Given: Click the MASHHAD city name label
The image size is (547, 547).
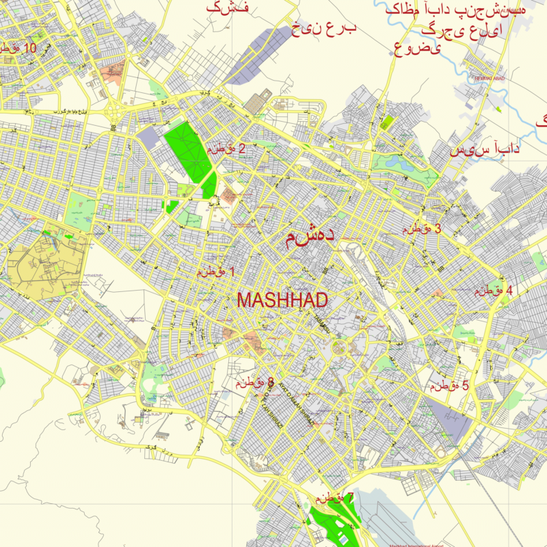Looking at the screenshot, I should tap(282, 299).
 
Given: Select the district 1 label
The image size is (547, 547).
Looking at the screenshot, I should tap(216, 271).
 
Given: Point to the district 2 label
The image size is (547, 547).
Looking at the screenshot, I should tap(226, 148).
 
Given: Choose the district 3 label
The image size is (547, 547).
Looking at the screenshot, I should tap(421, 229).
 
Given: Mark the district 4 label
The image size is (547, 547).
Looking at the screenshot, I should tap(494, 290).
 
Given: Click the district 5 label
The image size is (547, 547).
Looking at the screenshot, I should tap(449, 386).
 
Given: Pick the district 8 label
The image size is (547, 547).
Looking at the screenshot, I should tap(255, 383).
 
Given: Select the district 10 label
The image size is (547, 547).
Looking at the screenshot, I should tap(18, 49).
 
